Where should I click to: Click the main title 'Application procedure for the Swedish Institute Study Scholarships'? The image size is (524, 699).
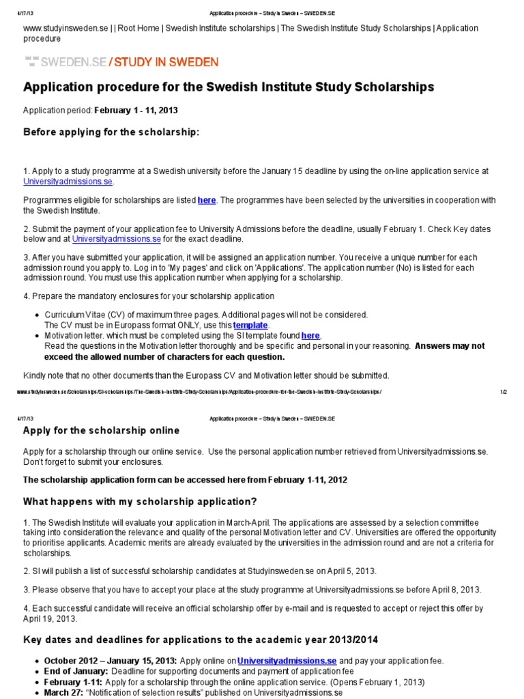click(x=229, y=87)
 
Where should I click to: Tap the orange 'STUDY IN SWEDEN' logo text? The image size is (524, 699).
click(x=166, y=62)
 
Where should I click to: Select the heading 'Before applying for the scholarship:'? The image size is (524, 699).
click(x=112, y=132)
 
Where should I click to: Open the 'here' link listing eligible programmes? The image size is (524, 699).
click(x=207, y=200)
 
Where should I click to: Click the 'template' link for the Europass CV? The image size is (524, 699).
click(x=250, y=326)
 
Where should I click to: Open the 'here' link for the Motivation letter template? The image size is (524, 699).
click(x=310, y=336)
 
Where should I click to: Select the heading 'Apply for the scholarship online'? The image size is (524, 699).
click(x=102, y=431)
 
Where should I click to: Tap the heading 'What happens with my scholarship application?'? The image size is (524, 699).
click(x=141, y=502)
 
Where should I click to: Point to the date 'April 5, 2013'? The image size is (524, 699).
click(x=347, y=571)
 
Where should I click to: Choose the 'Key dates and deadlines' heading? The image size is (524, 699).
click(x=201, y=640)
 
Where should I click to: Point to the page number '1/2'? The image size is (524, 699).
click(x=504, y=392)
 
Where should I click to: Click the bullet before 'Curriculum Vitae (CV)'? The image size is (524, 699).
click(x=36, y=315)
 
